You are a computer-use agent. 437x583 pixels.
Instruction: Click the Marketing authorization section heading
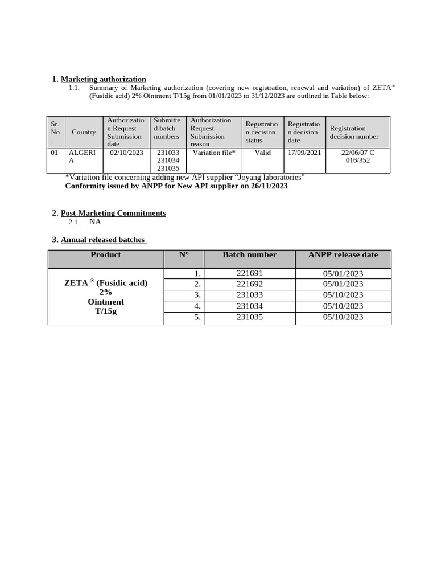pos(103,79)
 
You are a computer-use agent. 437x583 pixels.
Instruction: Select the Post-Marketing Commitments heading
pos(113,213)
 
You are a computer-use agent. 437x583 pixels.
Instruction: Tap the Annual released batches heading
pos(104,240)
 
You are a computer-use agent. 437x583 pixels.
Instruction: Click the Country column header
pos(84,132)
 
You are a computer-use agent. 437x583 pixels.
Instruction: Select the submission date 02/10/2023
pos(126,153)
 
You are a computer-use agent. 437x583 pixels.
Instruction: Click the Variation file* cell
pos(214,153)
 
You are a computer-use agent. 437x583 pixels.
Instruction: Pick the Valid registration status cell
pos(262,153)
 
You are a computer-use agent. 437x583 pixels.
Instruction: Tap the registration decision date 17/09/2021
pos(304,153)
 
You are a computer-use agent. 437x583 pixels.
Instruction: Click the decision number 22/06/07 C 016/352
pos(357,157)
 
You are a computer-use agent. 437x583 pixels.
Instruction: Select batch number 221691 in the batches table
pos(249,273)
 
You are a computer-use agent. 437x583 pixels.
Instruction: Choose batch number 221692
pos(249,284)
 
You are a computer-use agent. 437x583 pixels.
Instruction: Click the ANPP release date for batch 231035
pos(343,317)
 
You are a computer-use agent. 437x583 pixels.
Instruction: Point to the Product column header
pos(106,255)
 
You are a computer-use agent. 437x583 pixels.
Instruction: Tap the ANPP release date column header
pos(343,255)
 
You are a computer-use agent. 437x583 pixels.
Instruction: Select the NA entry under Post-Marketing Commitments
pos(95,222)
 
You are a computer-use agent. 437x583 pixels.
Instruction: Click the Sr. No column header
pos(55,132)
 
